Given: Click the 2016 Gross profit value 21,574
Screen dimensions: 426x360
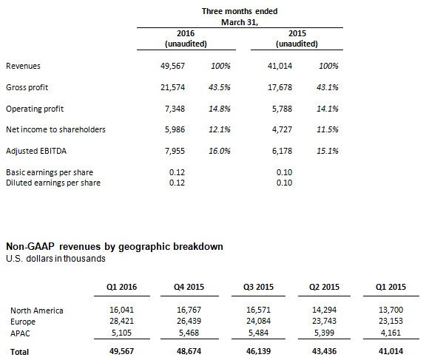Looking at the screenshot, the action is point(172,87).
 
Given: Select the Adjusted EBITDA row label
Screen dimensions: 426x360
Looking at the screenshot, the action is point(36,151).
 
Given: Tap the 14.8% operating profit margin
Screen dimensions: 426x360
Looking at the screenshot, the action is point(220,109).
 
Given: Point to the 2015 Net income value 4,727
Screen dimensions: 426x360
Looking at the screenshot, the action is point(282,129).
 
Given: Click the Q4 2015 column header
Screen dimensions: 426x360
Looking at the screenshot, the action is point(189,287).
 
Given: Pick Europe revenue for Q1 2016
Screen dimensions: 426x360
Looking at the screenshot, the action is point(121,321).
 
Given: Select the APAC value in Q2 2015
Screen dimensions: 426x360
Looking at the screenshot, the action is point(324,333).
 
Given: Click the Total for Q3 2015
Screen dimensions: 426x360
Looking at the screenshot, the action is point(258,351).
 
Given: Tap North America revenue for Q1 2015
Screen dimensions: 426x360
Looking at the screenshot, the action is point(390,310).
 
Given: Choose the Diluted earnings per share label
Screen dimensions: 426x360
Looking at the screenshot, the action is point(53,183).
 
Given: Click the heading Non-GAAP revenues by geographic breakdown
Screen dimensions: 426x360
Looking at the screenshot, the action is point(115,246).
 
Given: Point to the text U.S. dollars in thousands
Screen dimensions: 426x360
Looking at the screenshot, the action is point(55,259).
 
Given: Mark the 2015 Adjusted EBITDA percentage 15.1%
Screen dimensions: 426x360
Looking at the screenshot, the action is point(328,151).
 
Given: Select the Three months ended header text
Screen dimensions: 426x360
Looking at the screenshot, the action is point(240,11).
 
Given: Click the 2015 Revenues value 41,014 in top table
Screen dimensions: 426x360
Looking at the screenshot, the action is point(280,66).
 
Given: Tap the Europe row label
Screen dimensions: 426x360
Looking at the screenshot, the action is point(23,322).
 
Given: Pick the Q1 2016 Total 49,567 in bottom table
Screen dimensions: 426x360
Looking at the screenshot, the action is point(121,351).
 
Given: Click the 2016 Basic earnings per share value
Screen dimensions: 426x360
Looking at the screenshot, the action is point(177,172).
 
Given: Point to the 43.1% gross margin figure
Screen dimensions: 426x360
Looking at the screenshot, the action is point(328,87).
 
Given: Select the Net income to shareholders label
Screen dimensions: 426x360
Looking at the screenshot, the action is point(55,129).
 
